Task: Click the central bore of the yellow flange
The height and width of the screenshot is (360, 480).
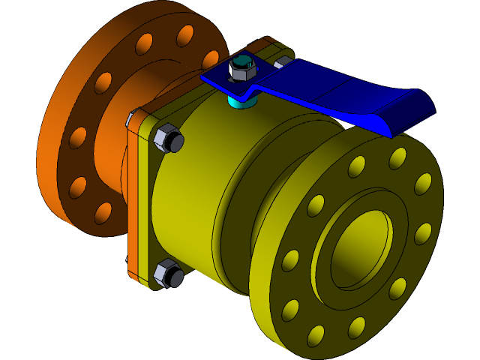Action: (x=360, y=247)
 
